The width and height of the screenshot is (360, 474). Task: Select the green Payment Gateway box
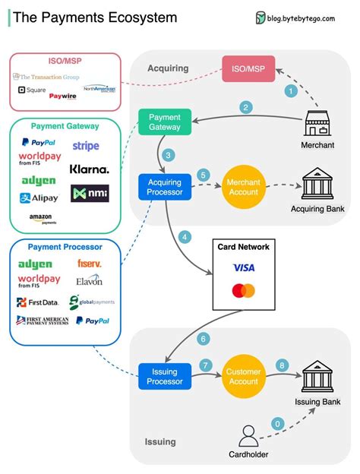[165, 122]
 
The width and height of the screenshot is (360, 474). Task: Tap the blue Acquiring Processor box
[165, 187]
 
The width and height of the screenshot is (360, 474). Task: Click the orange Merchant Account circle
[243, 187]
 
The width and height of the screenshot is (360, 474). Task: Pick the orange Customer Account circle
[243, 376]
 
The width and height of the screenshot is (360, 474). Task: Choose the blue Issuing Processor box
[165, 376]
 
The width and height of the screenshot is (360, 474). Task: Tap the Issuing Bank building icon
[317, 375]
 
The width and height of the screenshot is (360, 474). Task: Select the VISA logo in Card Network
[244, 268]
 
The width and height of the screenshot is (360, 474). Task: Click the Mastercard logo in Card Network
[244, 290]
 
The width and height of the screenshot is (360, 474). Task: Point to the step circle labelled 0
[278, 423]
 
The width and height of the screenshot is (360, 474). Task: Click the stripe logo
[86, 146]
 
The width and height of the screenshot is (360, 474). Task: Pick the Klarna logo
[89, 169]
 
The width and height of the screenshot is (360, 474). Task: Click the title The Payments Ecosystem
[96, 17]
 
